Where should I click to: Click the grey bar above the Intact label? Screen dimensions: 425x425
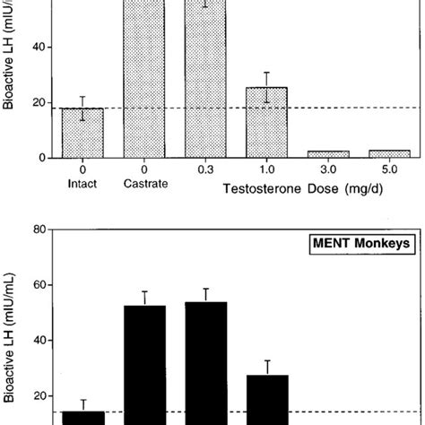[82, 133]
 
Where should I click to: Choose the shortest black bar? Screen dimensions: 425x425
[82, 417]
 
